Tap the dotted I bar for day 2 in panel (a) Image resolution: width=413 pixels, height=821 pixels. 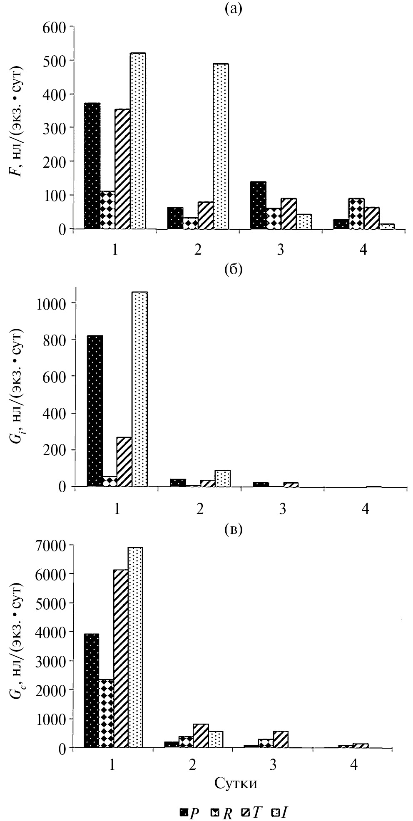221,146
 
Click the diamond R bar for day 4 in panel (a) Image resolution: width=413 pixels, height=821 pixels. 356,213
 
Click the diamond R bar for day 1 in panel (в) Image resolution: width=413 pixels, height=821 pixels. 106,713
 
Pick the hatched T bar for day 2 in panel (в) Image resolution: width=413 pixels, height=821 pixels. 201,736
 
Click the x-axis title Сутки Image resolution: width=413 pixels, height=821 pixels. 236,783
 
